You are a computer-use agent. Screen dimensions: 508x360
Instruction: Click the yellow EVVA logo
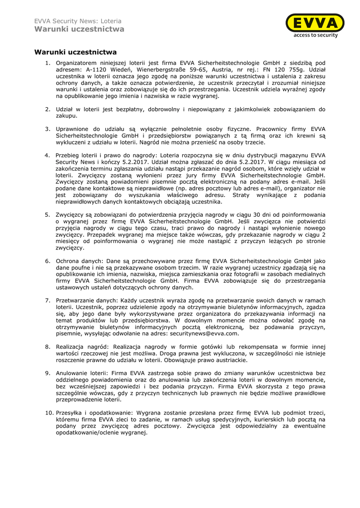(x=315, y=23)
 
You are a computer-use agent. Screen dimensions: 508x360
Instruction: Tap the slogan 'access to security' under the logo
(x=315, y=35)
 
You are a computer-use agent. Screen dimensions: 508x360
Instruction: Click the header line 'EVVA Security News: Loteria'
(x=77, y=21)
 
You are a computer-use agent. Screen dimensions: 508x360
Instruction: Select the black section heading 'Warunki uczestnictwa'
(x=75, y=52)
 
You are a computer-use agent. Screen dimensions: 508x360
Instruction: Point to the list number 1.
(x=48, y=63)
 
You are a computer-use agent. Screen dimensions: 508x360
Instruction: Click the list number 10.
(x=49, y=413)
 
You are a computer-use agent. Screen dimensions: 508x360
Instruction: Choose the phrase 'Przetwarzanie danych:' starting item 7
(x=87, y=301)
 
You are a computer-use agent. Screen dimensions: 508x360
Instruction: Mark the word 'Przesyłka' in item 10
(x=70, y=413)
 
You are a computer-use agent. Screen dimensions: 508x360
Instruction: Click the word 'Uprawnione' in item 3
(x=73, y=129)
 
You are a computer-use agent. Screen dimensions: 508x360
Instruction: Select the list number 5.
(x=48, y=214)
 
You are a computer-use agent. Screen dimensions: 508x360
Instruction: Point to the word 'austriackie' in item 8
(x=229, y=360)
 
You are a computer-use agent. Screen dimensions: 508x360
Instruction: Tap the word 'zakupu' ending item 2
(x=66, y=116)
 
